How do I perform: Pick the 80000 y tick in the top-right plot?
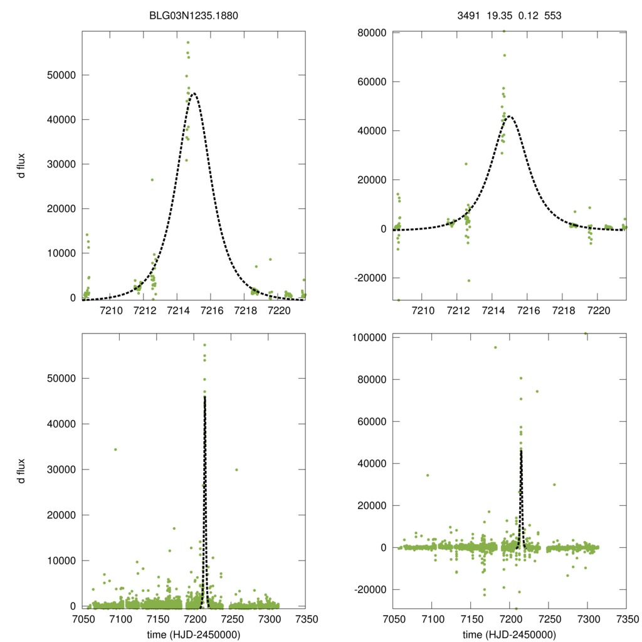(370, 33)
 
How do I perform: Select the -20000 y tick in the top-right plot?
(369, 278)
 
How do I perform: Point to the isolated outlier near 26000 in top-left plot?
(152, 180)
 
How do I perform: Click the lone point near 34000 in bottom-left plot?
(115, 450)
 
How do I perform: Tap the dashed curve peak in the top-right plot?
(510, 116)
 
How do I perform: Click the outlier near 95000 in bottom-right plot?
(495, 347)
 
